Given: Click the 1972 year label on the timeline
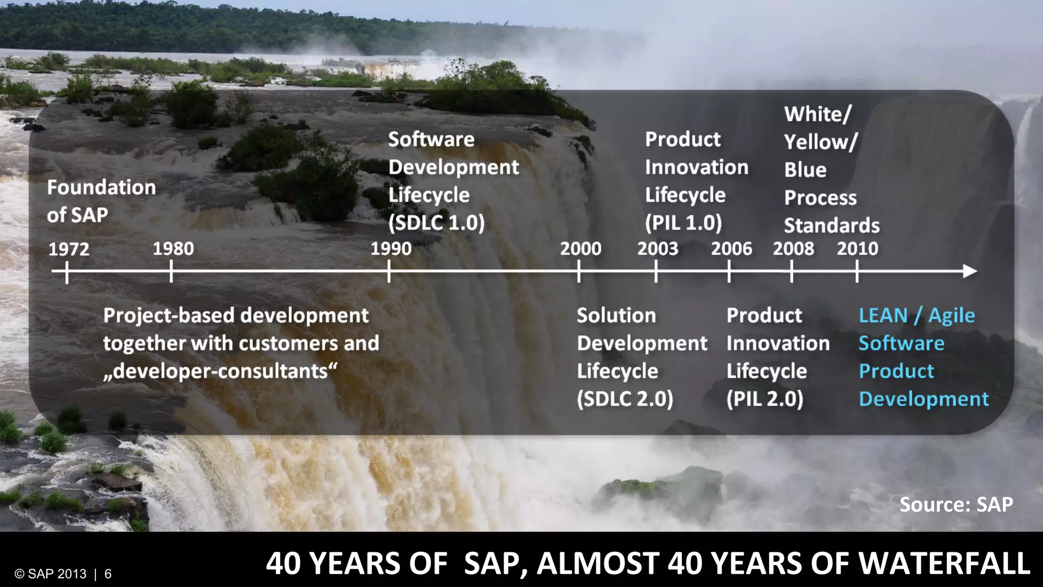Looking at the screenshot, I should pos(69,249).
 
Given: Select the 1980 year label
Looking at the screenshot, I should pos(173,249).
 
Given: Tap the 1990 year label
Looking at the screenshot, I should pos(391,249).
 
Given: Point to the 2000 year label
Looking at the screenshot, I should pos(581,249).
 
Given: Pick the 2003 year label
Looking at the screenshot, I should pos(657,249).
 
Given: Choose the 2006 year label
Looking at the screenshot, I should pos(731,249).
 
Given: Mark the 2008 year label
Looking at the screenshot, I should pos(793,249).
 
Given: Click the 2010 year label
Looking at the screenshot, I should pos(858,249).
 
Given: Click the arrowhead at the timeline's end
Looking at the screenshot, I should pos(970,271).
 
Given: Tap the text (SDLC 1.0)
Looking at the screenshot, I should pos(436,223).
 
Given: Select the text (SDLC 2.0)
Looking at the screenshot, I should pos(625,399).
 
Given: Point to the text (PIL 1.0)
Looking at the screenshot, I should pos(683,223).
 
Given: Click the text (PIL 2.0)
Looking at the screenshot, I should pos(764,399).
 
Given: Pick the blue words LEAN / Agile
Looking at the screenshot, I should pos(917,315).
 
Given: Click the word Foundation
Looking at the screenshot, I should pos(101,188).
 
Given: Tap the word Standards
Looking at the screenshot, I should pos(832,225).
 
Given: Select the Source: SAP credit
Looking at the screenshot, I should pos(956,504).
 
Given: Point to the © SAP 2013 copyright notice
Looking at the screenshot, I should pos(51,574).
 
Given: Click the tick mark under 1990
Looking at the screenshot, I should pos(389,271).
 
